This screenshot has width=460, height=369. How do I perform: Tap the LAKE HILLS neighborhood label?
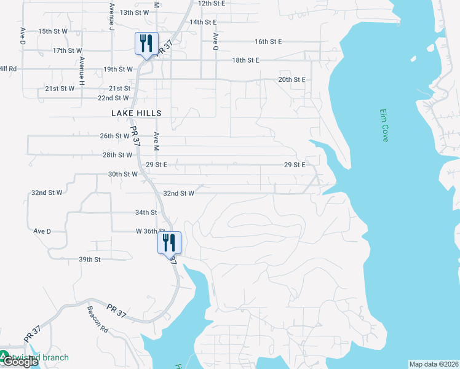coord(137,113)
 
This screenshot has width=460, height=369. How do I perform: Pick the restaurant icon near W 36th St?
coord(170,242)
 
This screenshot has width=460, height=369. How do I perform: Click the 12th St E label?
coord(212,3)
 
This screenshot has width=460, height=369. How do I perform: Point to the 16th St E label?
coord(268,42)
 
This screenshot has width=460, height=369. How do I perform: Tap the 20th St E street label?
coord(291,80)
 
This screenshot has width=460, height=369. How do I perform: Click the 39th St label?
coord(90,260)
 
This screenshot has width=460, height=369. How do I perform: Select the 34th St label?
coord(146,212)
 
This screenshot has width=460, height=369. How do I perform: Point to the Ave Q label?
coord(216,41)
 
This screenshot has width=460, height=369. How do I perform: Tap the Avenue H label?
coord(81,71)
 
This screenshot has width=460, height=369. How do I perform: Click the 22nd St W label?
coord(113,98)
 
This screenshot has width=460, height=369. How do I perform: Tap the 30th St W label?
coord(123,174)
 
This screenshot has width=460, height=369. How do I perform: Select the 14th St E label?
coord(205,22)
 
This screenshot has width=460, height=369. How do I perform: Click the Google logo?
coord(20,362)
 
